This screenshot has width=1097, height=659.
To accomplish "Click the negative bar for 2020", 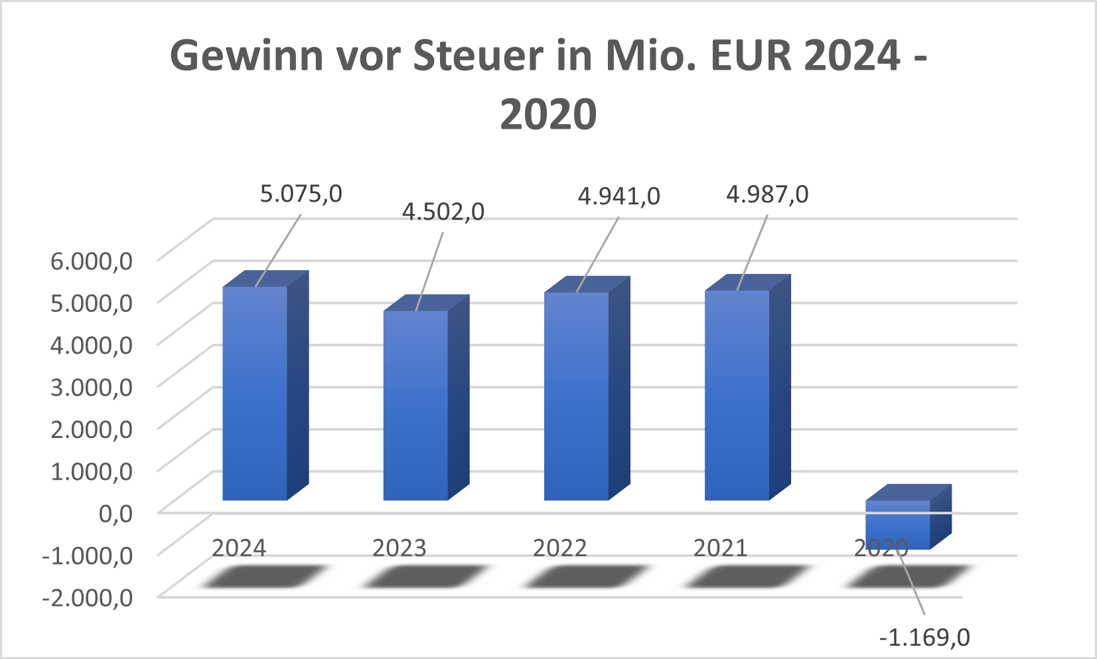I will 897,524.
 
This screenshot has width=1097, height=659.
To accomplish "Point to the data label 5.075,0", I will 301,194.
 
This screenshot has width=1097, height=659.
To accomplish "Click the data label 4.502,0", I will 443,212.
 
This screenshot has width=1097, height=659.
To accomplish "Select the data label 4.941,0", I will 619,196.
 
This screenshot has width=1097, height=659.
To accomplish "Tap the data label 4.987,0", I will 767,194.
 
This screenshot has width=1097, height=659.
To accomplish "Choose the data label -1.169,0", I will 924,638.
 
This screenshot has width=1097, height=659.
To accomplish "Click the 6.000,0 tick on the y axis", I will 92,260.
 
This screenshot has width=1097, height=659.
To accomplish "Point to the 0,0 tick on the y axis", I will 115,512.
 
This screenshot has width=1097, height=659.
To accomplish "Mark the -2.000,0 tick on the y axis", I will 88,597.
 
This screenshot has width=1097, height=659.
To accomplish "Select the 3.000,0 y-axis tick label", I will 92,386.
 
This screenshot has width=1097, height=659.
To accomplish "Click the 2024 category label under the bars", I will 239,548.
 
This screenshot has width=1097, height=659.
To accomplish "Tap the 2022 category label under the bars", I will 560,548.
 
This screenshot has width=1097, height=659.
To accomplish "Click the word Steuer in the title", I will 478,56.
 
